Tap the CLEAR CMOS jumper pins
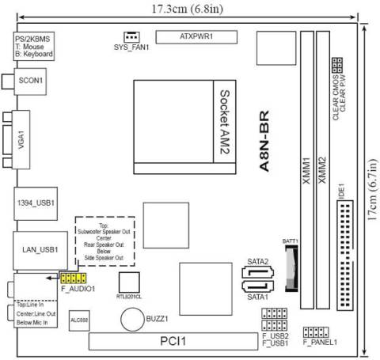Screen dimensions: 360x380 pos(337,63)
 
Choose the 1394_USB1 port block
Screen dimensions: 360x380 pos(35,203)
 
